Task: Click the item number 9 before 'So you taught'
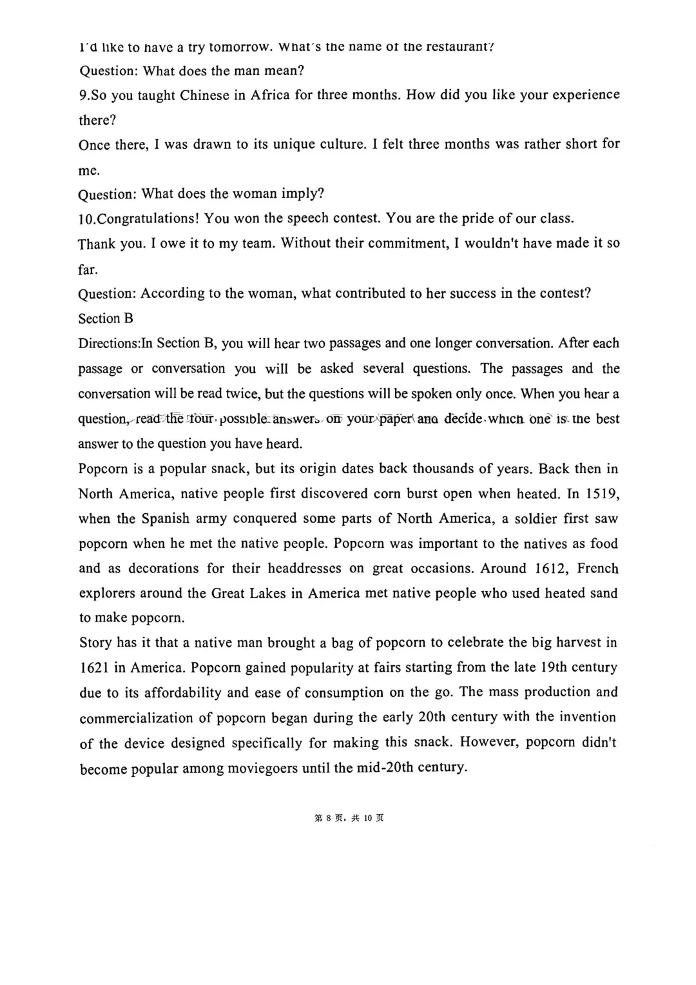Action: click(83, 95)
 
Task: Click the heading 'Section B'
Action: click(106, 318)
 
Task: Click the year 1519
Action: click(603, 494)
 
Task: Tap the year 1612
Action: click(552, 569)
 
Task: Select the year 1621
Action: click(94, 668)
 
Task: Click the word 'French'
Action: click(597, 569)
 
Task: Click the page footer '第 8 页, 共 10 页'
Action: click(349, 818)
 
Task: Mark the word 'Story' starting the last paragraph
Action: click(95, 643)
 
